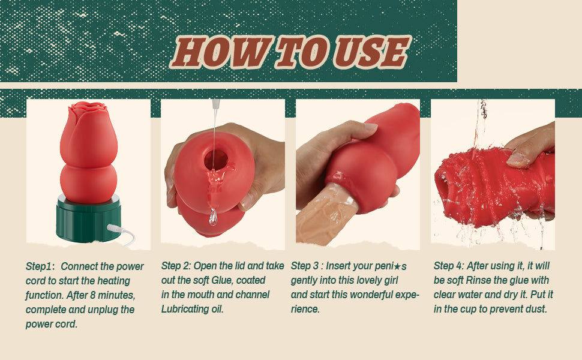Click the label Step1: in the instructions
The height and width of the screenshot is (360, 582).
(40, 266)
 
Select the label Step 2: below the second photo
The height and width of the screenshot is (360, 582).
(178, 265)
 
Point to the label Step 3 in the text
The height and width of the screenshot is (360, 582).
(307, 265)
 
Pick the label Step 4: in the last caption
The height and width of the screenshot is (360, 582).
(451, 266)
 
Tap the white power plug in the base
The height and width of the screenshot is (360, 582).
(115, 228)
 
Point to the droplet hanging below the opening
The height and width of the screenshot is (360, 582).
(213, 217)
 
